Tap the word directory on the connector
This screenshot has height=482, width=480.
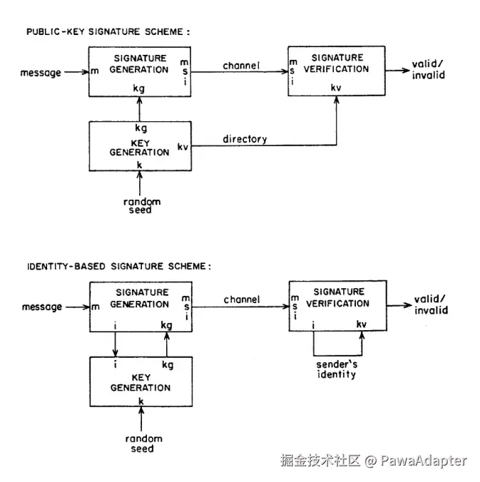coord(244,139)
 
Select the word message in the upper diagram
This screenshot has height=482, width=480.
coord(41,73)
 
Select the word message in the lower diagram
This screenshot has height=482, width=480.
coord(41,307)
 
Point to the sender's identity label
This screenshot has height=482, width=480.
coord(337,369)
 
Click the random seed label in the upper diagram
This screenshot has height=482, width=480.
coord(142,205)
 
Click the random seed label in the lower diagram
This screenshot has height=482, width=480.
coord(143,443)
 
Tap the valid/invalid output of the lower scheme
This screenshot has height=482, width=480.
coord(430,305)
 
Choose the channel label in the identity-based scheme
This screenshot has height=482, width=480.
coord(242,299)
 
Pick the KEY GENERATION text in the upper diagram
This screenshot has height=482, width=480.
coord(140,146)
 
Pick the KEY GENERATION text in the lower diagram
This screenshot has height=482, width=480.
coord(141,382)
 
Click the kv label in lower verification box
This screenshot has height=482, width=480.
coord(362,325)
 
